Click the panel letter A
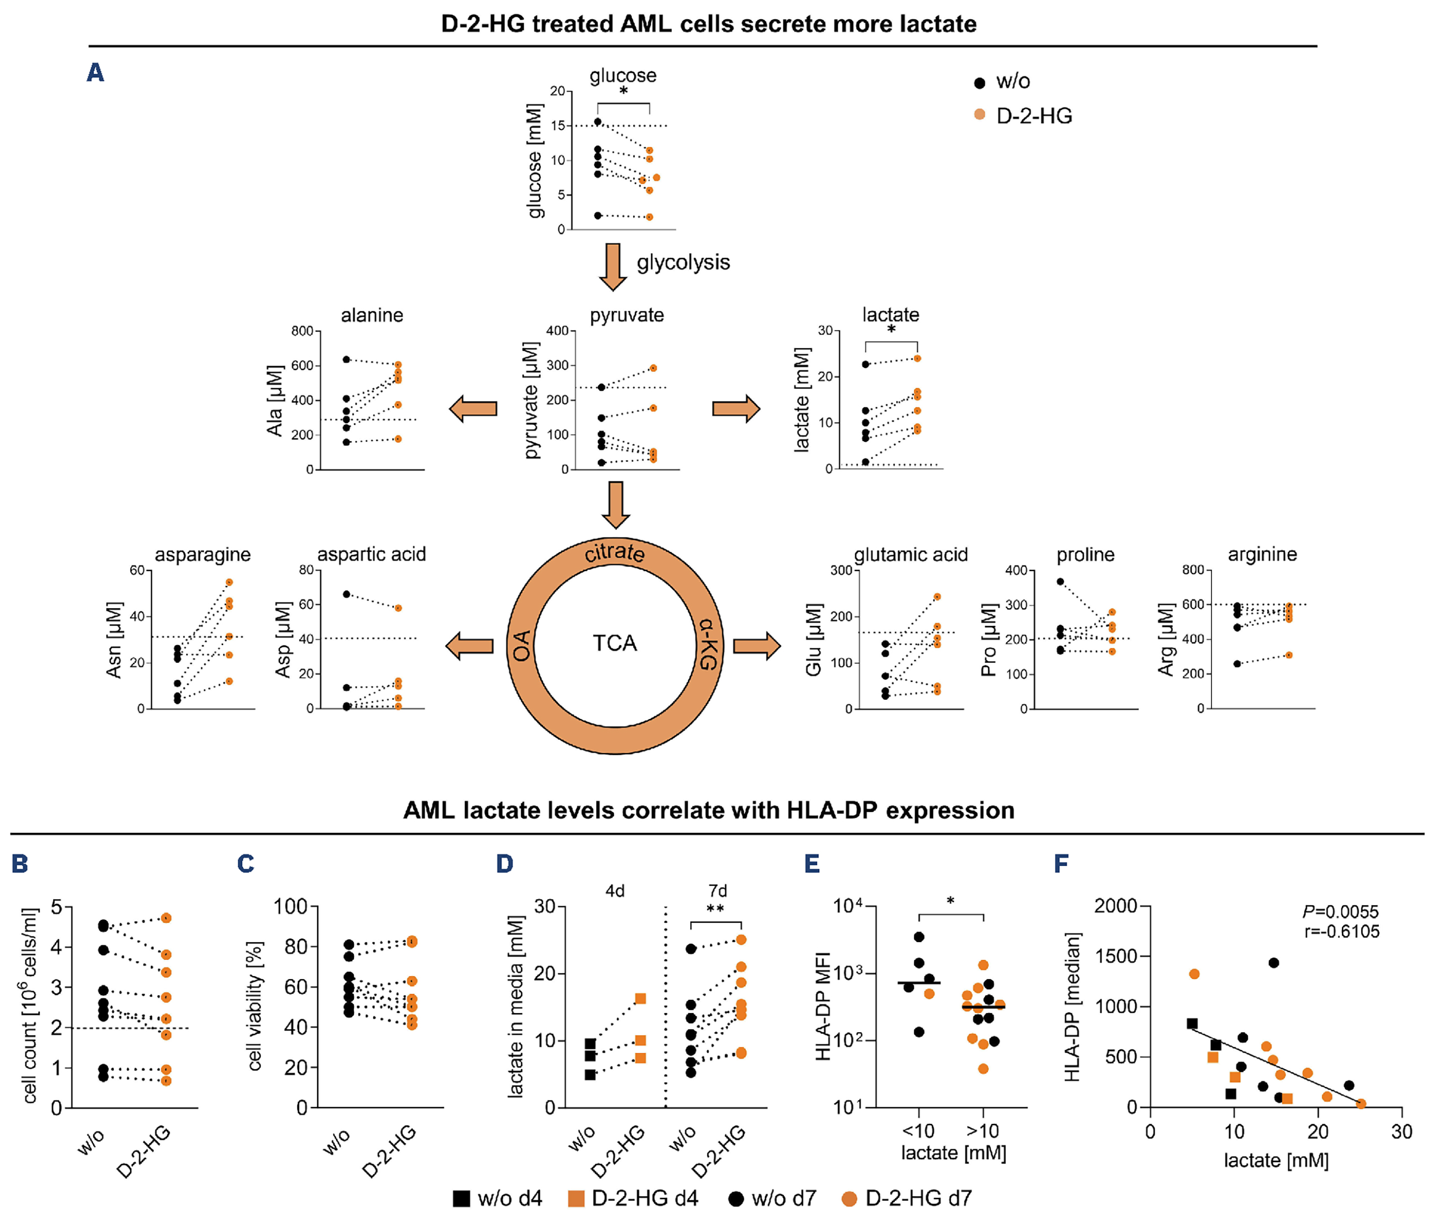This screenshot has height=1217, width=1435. pos(95,72)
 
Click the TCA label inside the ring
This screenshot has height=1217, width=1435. pos(615,643)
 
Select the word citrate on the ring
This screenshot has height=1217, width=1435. pos(615,553)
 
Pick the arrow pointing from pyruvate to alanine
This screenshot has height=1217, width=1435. pos(473,408)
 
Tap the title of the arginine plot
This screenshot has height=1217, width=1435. pos(1262,554)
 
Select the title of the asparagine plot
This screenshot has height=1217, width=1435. pos(202,554)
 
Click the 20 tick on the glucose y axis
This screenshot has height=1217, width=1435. pos(558,91)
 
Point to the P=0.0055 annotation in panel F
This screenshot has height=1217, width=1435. pos(1340,912)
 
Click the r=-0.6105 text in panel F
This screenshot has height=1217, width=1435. pos(1341,932)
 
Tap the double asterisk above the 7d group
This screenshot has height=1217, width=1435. pos(715,909)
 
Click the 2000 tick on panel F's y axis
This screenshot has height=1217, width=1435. pos(1116,906)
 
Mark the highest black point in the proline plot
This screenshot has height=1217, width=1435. pos(1061,581)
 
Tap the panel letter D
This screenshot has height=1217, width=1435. pos(504,864)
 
